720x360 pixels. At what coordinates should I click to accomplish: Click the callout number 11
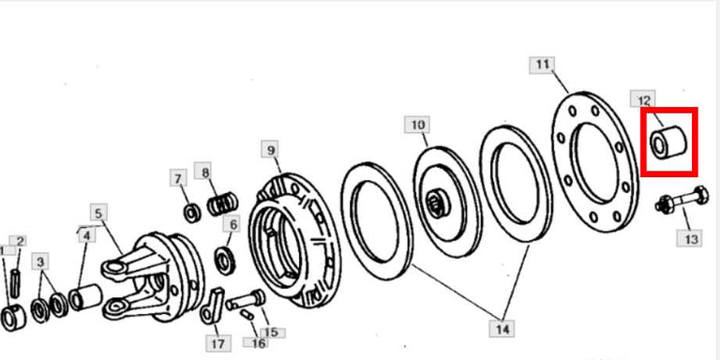[x=542, y=65]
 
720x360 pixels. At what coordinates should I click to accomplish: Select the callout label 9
[x=270, y=149]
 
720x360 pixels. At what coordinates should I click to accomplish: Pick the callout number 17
[x=217, y=343]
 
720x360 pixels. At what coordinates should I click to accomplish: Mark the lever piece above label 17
[x=214, y=303]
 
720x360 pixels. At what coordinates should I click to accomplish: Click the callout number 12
[x=645, y=99]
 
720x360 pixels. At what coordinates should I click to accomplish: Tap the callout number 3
[x=40, y=261]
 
